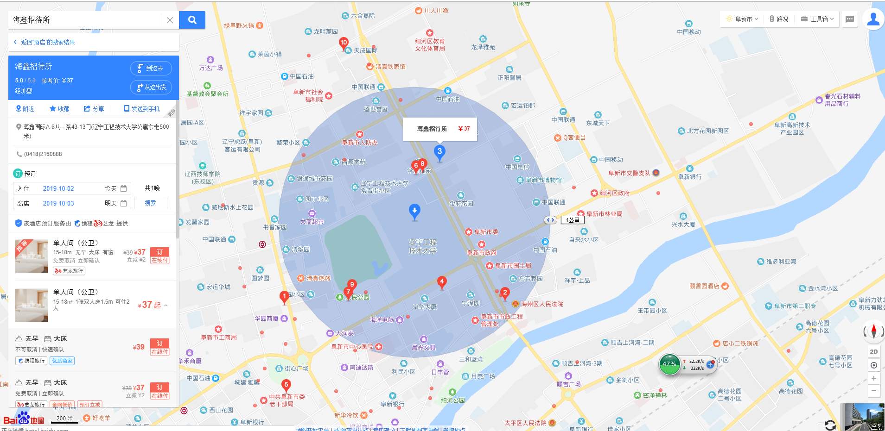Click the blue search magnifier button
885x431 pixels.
tap(192, 20)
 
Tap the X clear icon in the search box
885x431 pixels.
tap(170, 20)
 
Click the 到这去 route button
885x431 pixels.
tap(151, 68)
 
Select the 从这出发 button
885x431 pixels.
tap(151, 87)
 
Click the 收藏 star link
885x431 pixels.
tap(59, 109)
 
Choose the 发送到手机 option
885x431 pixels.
tap(142, 109)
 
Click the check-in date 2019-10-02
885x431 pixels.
tap(58, 188)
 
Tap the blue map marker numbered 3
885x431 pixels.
tap(439, 152)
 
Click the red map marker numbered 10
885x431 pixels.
tap(344, 43)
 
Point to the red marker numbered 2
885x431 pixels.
tap(505, 293)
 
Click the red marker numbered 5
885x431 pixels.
tap(286, 385)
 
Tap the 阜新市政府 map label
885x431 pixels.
tap(482, 252)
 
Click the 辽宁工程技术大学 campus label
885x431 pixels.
tap(422, 246)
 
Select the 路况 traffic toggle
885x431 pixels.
tap(779, 19)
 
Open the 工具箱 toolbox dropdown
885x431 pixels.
tap(818, 19)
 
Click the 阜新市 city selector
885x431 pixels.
tap(743, 19)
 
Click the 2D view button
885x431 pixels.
tap(873, 351)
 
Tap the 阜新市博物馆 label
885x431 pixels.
tap(543, 180)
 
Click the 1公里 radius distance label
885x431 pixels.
tap(573, 220)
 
